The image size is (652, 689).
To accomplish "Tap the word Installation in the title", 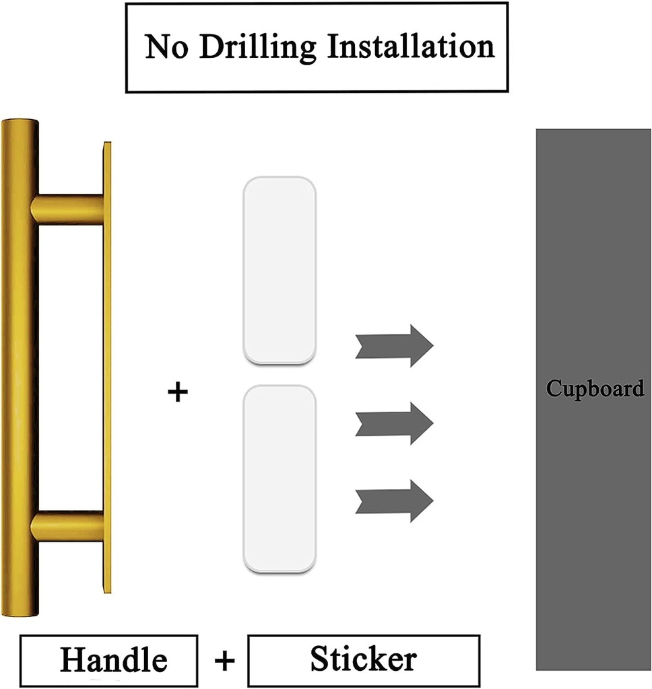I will click(x=410, y=46).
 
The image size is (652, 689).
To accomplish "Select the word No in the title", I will click(x=166, y=46).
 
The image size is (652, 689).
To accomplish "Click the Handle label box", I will click(x=108, y=659).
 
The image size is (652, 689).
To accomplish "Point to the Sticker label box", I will click(x=364, y=659).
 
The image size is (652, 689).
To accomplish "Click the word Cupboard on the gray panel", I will click(x=594, y=389).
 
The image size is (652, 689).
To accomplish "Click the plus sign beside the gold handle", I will click(x=177, y=392).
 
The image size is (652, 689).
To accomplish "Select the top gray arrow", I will click(x=394, y=346).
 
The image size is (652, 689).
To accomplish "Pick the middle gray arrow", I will click(x=394, y=423).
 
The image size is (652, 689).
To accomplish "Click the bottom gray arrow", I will click(x=394, y=501).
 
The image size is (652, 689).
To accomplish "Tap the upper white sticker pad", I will click(x=279, y=270).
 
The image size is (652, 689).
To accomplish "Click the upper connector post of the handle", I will click(x=67, y=209).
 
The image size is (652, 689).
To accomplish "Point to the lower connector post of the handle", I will click(x=67, y=526).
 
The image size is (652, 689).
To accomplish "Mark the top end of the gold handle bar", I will click(x=20, y=124).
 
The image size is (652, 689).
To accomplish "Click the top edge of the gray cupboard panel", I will click(x=593, y=131).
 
